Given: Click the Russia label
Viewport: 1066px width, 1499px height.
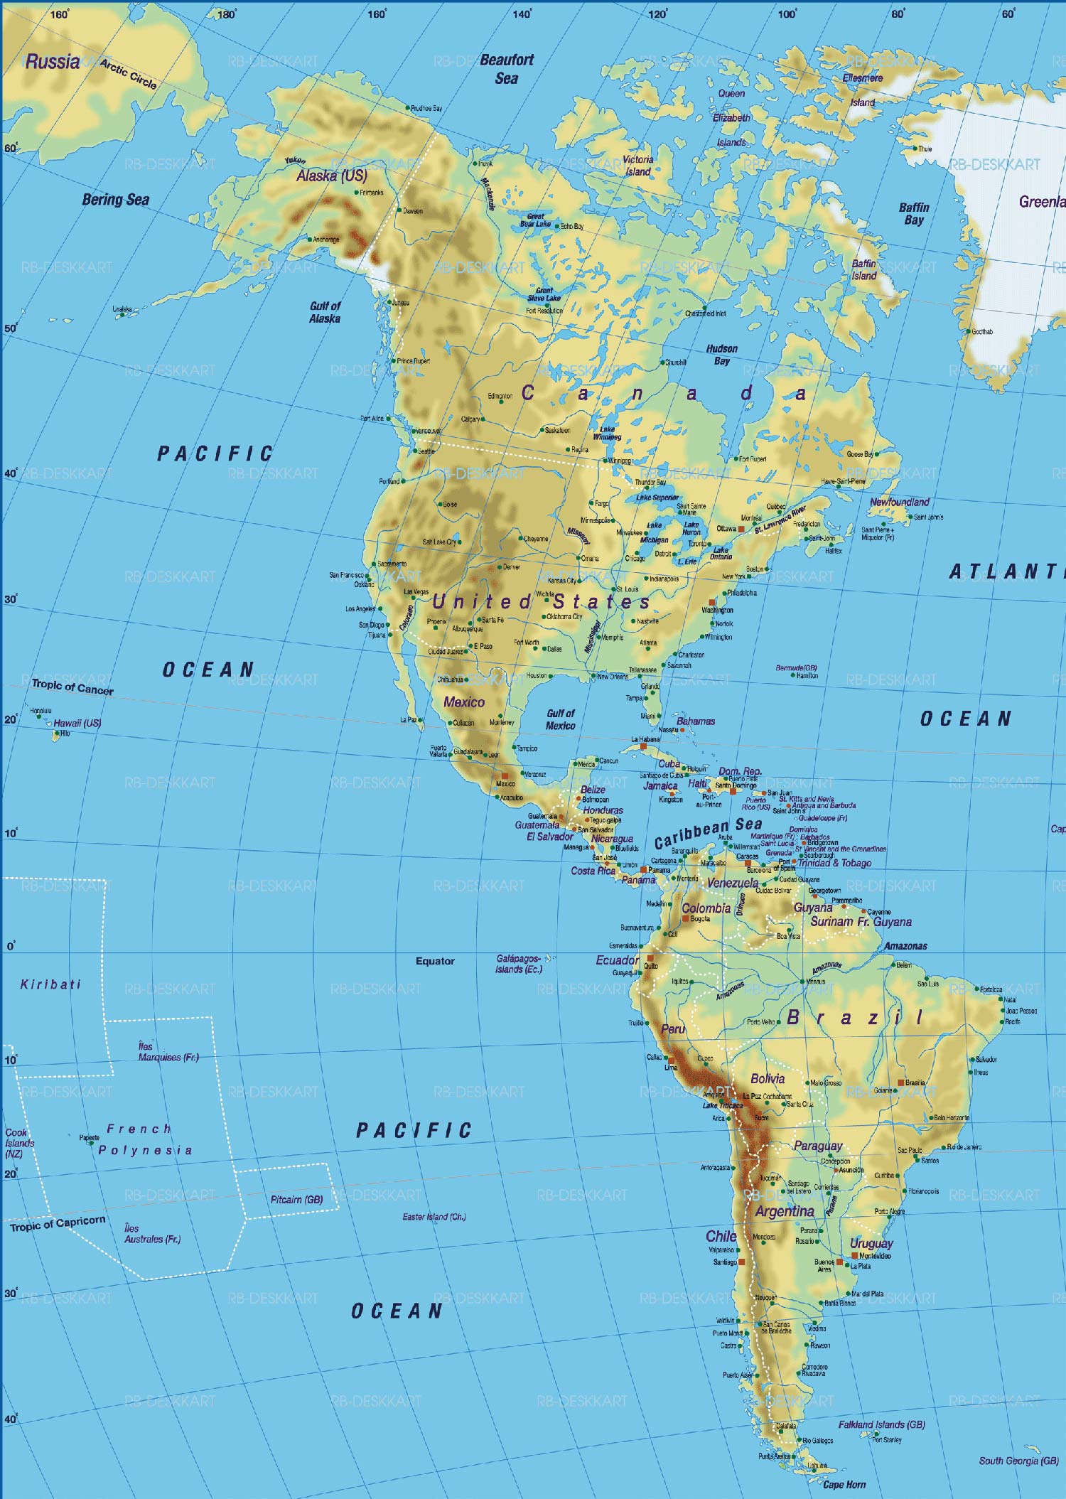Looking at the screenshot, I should (x=52, y=62).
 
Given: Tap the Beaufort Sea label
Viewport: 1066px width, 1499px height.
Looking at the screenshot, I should (x=506, y=69).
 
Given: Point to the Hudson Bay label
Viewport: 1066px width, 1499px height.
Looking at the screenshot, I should (x=721, y=355).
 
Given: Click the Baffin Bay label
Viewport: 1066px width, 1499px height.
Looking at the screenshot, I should (x=914, y=213).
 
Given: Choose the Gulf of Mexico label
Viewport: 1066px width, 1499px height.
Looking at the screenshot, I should (x=560, y=719).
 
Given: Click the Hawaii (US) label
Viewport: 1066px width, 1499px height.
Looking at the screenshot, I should (x=77, y=723).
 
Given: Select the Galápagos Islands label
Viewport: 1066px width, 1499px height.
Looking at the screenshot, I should (x=519, y=963).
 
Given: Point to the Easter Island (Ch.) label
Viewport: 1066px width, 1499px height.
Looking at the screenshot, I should (x=434, y=1216).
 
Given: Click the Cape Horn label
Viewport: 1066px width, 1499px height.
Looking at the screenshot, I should (x=844, y=1485).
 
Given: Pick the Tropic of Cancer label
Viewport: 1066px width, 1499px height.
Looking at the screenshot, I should (x=72, y=687).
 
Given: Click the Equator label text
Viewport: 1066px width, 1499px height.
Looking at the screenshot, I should (x=435, y=961).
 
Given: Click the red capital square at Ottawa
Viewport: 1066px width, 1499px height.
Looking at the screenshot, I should (x=741, y=530).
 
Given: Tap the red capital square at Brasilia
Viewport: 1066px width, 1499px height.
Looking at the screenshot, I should (x=900, y=1082).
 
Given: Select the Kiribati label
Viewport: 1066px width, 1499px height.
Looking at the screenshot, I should (x=50, y=984).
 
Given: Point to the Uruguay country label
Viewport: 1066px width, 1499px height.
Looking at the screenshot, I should (x=871, y=1243).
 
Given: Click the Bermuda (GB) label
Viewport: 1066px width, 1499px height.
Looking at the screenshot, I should (x=796, y=668).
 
